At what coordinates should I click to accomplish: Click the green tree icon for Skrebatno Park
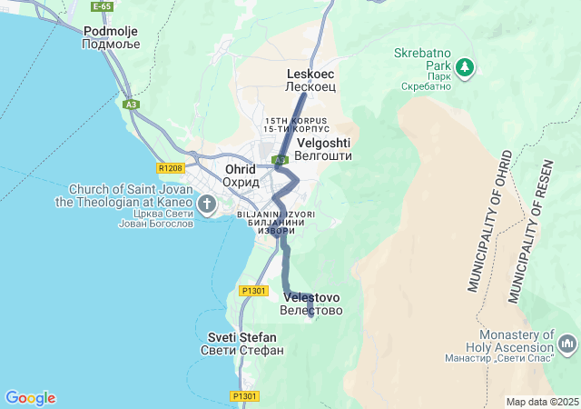click(465, 67)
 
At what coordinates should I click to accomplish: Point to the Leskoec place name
click(310, 79)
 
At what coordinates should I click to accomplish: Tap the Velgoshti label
click(322, 149)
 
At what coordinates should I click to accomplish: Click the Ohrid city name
click(241, 175)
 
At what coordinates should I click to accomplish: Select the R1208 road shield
click(170, 168)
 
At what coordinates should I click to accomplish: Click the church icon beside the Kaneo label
click(207, 204)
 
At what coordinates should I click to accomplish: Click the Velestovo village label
click(311, 304)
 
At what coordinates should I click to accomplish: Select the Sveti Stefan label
click(241, 344)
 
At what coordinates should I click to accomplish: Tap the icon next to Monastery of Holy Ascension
click(568, 344)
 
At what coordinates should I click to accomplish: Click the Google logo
click(30, 398)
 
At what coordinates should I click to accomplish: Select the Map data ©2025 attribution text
click(542, 402)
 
